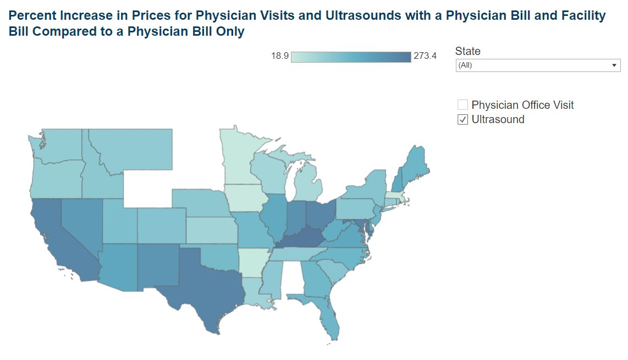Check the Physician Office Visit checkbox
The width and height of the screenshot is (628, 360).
462,105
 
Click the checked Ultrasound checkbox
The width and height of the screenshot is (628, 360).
462,120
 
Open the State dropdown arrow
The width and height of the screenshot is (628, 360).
614,65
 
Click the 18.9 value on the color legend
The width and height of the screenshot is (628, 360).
280,56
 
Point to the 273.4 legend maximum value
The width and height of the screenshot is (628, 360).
425,56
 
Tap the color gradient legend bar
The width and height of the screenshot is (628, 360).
351,57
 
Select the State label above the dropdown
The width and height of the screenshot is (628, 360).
467,51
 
